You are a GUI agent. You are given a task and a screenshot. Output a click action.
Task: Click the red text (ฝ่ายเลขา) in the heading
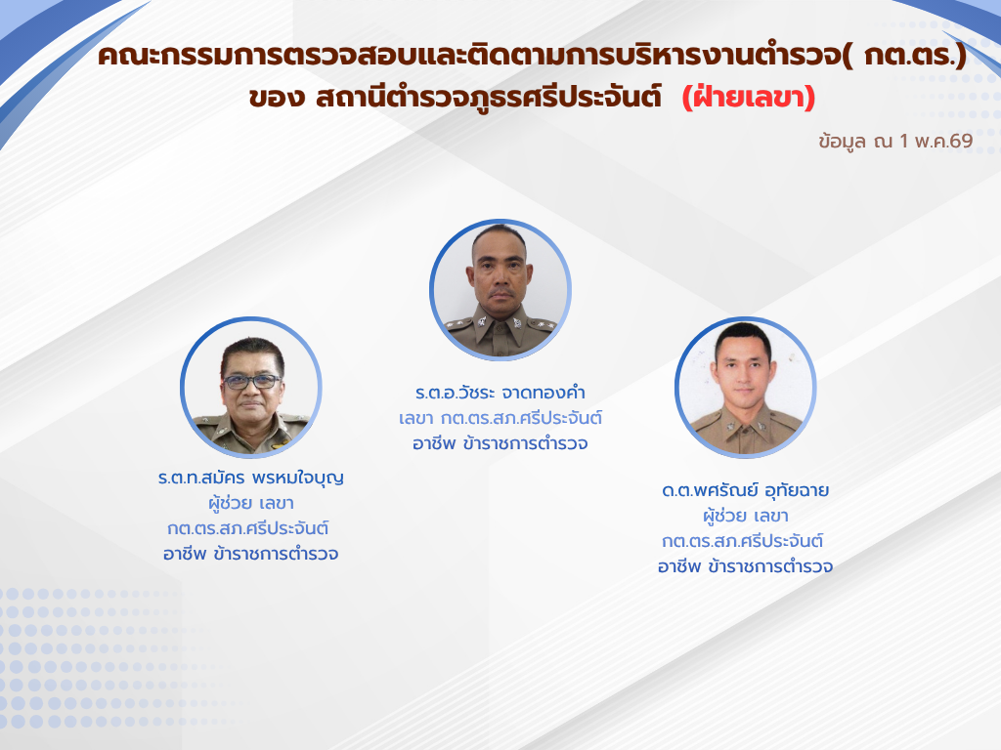pyautogui.click(x=748, y=98)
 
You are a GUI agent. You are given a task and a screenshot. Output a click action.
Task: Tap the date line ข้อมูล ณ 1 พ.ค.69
pyautogui.click(x=895, y=141)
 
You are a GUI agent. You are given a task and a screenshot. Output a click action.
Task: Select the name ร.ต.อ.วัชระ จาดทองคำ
pyautogui.click(x=500, y=393)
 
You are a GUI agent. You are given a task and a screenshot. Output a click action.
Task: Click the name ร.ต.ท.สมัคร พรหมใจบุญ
pyautogui.click(x=251, y=478)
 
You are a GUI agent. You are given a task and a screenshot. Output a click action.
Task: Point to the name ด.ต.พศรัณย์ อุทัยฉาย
pyautogui.click(x=746, y=490)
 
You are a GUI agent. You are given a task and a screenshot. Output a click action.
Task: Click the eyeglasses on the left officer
pyautogui.click(x=251, y=382)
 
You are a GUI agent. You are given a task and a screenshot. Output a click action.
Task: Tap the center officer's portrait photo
pyautogui.click(x=500, y=289)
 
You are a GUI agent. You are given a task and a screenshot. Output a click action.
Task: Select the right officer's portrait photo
pyautogui.click(x=746, y=387)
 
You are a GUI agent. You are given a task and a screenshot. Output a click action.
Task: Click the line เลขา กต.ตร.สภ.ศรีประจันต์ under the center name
pyautogui.click(x=500, y=418)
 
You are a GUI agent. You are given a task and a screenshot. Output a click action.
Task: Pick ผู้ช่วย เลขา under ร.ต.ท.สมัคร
pyautogui.click(x=251, y=503)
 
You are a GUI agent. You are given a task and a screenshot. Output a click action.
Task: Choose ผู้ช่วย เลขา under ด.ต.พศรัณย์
pyautogui.click(x=746, y=516)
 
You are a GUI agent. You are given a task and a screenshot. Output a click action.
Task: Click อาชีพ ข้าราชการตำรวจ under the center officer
pyautogui.click(x=500, y=444)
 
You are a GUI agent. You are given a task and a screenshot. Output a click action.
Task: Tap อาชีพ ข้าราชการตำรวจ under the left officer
pyautogui.click(x=251, y=554)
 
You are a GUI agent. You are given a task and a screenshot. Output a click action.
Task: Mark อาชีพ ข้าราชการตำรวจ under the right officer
pyautogui.click(x=746, y=566)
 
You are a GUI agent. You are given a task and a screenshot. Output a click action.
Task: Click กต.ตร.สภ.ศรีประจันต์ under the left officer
pyautogui.click(x=248, y=528)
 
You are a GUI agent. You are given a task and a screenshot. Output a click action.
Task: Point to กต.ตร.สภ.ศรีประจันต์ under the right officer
pyautogui.click(x=743, y=541)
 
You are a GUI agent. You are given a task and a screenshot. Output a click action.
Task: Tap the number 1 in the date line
pyautogui.click(x=903, y=141)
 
